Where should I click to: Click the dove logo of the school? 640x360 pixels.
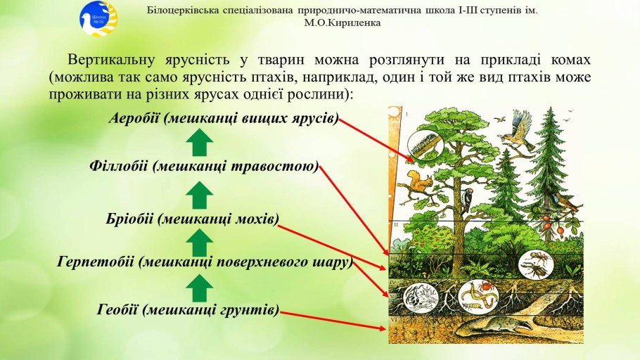pyautogui.click(x=98, y=19)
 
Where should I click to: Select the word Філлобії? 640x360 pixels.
pyautogui.click(x=118, y=166)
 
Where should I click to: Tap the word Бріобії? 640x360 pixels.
pyautogui.click(x=130, y=219)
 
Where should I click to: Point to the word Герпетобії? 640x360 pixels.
pyautogui.click(x=96, y=262)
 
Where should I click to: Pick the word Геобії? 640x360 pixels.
pyautogui.click(x=118, y=309)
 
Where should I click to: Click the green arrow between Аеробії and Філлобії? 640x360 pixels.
pyautogui.click(x=199, y=143)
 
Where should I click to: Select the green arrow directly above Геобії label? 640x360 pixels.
pyautogui.click(x=199, y=288)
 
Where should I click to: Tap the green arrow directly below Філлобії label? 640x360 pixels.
pyautogui.click(x=199, y=195)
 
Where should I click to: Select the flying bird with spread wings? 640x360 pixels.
pyautogui.click(x=518, y=130)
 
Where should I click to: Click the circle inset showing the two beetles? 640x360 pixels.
pyautogui.click(x=536, y=264)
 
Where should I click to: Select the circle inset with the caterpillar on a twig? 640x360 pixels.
pyautogui.click(x=425, y=145)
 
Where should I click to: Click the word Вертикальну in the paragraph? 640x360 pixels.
pyautogui.click(x=111, y=60)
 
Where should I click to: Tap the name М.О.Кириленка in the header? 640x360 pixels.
pyautogui.click(x=342, y=23)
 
